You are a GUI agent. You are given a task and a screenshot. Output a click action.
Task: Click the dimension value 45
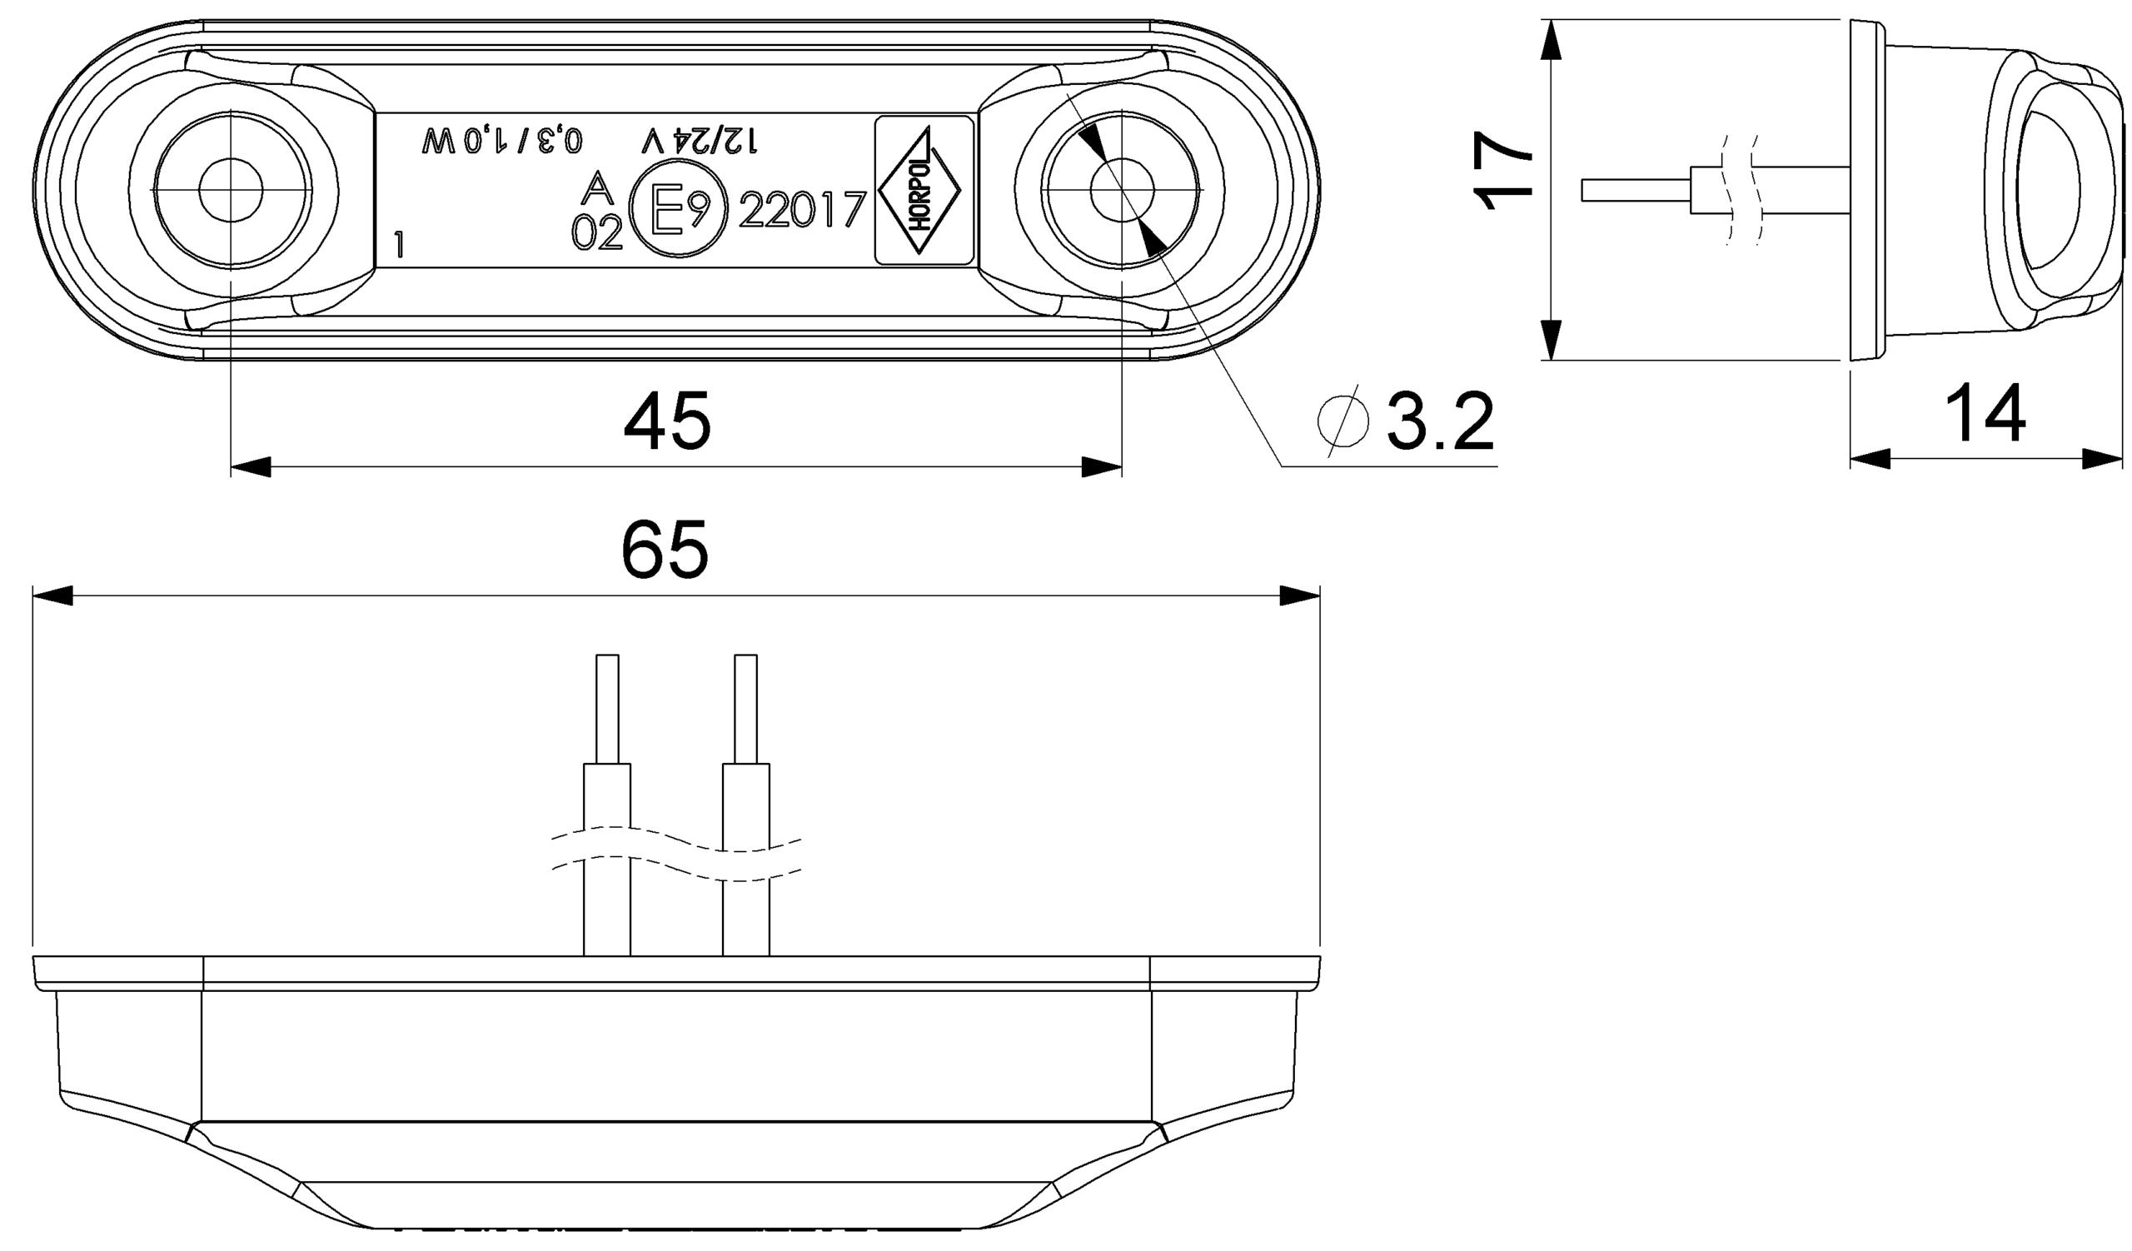(667, 422)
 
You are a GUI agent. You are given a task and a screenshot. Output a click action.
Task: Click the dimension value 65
(664, 551)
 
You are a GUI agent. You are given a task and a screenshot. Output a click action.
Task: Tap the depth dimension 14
(1985, 415)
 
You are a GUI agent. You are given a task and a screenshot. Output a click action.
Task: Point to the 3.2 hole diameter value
(1440, 421)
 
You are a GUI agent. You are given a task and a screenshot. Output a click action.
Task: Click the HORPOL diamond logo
(920, 190)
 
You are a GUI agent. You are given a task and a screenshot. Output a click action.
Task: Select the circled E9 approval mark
(679, 210)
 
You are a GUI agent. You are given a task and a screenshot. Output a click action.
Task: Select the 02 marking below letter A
(597, 232)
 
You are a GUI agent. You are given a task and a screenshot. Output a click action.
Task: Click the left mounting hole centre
(231, 190)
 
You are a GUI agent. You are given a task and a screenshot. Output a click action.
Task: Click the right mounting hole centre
(1122, 190)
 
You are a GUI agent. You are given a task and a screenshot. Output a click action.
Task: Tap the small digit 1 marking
(399, 247)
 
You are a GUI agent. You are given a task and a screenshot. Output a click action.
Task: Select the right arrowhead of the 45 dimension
(1102, 467)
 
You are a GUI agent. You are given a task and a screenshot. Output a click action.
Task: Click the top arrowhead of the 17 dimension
(1550, 41)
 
